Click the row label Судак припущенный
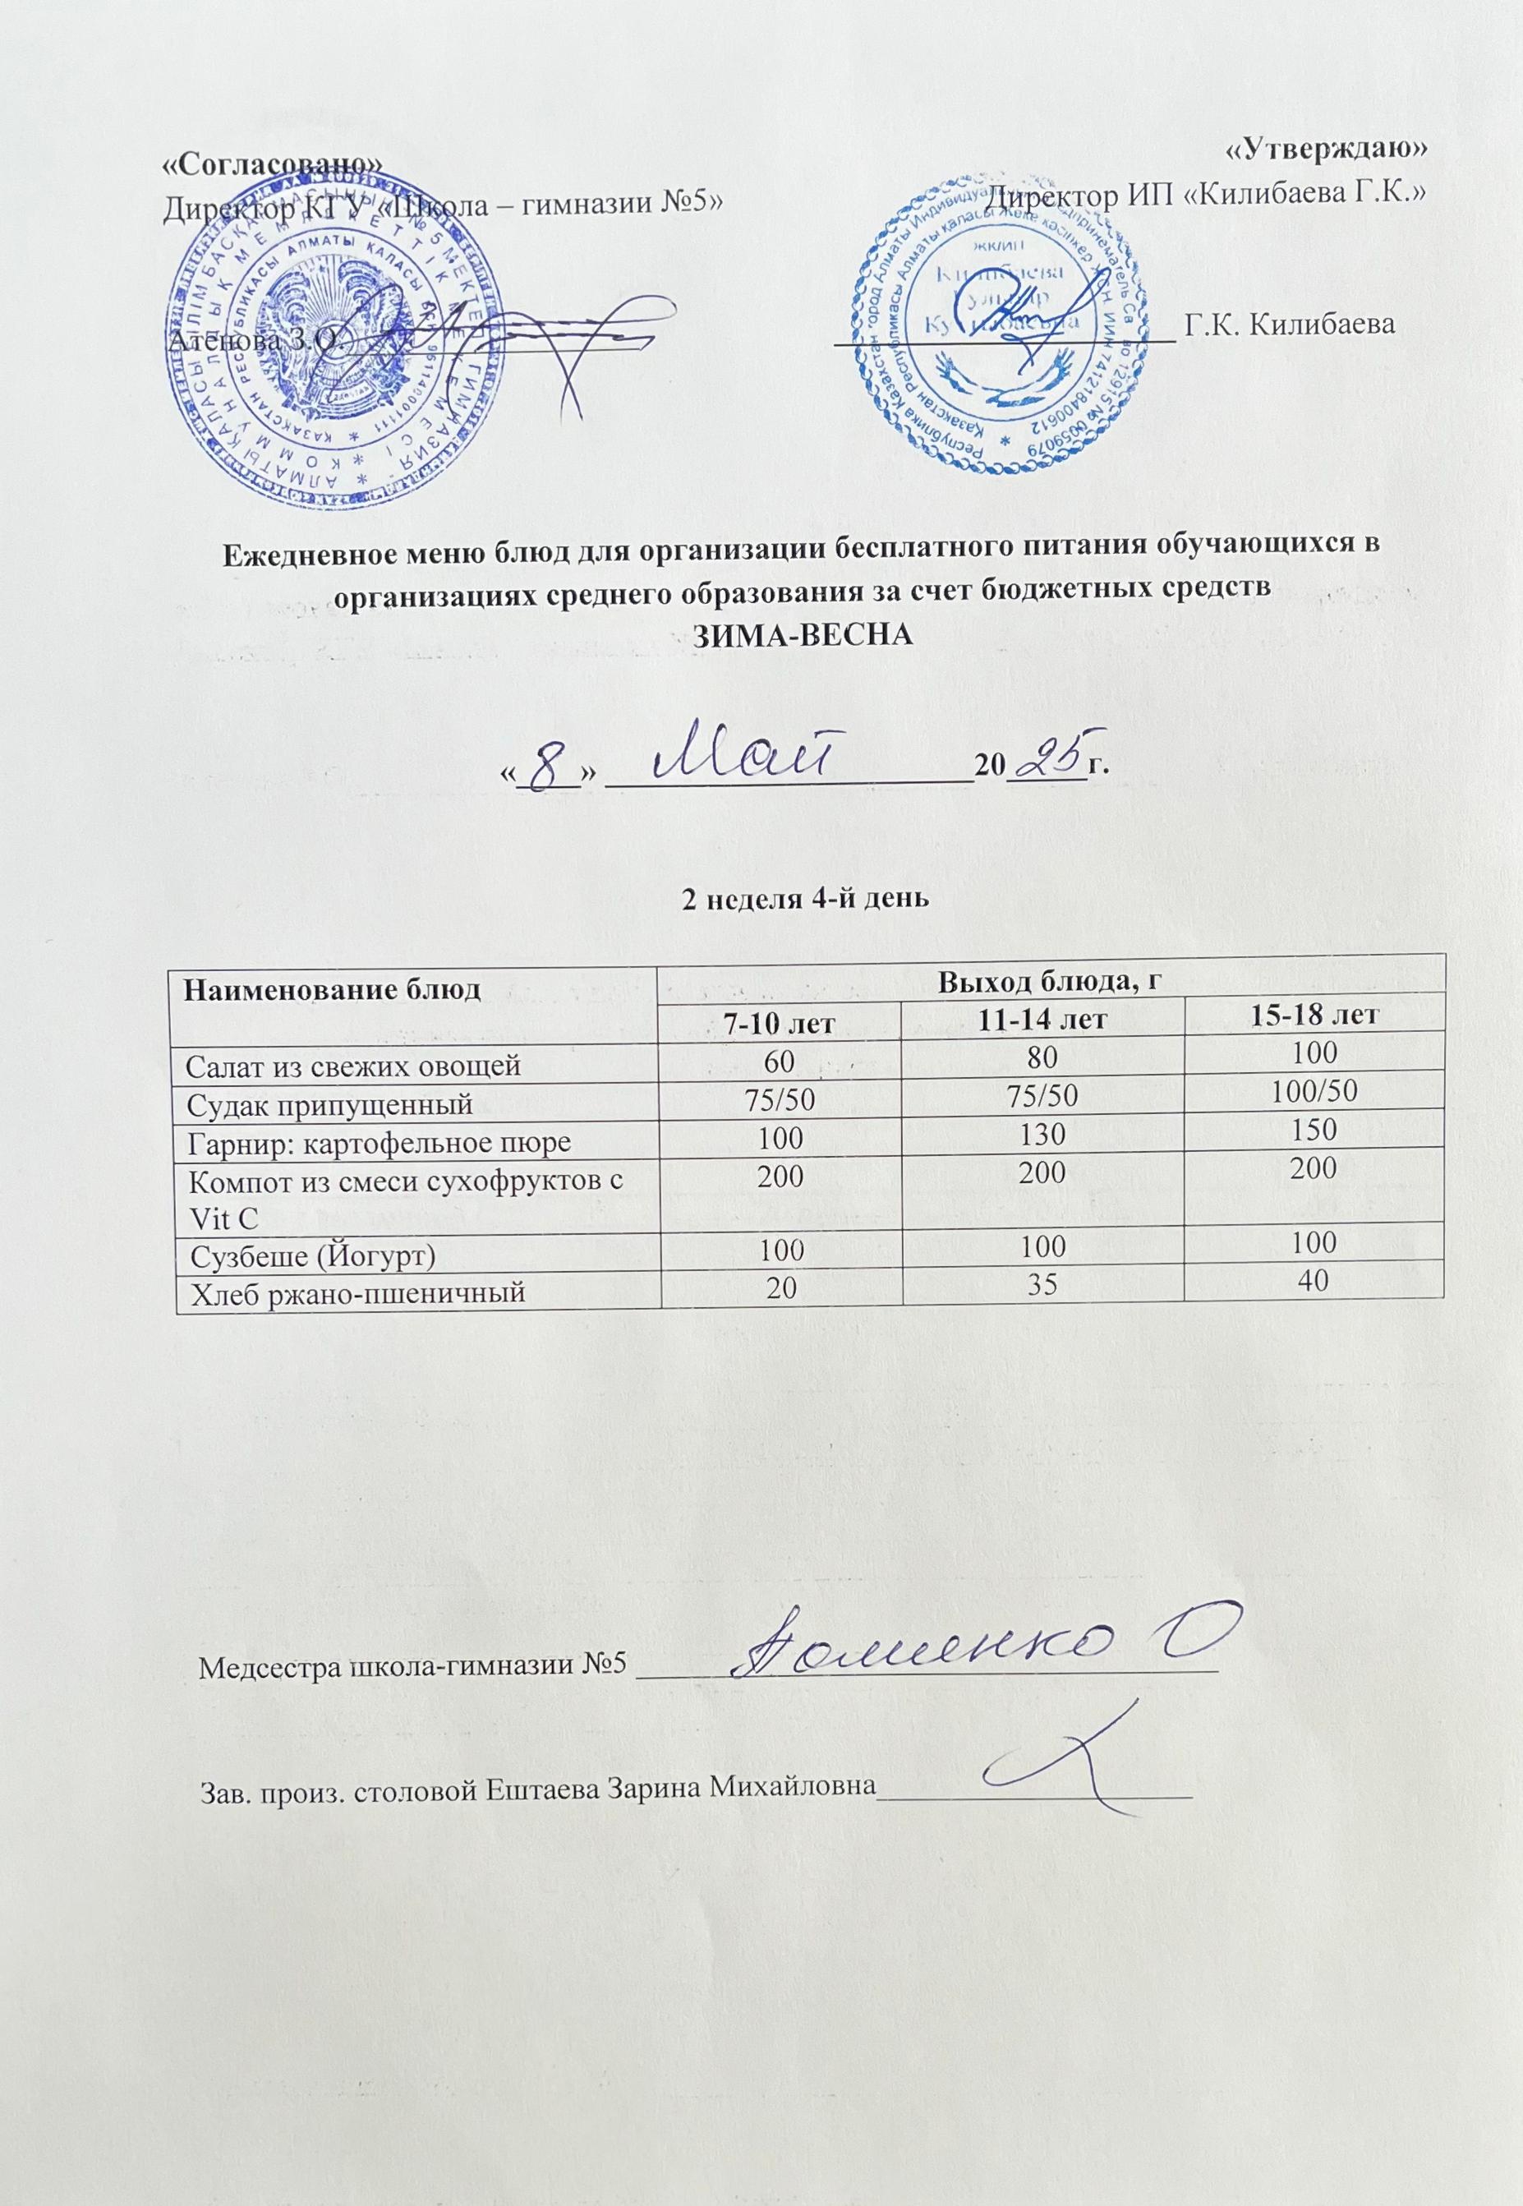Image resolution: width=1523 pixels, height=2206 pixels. (x=329, y=1105)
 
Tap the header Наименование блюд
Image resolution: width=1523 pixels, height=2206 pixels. (x=331, y=988)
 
